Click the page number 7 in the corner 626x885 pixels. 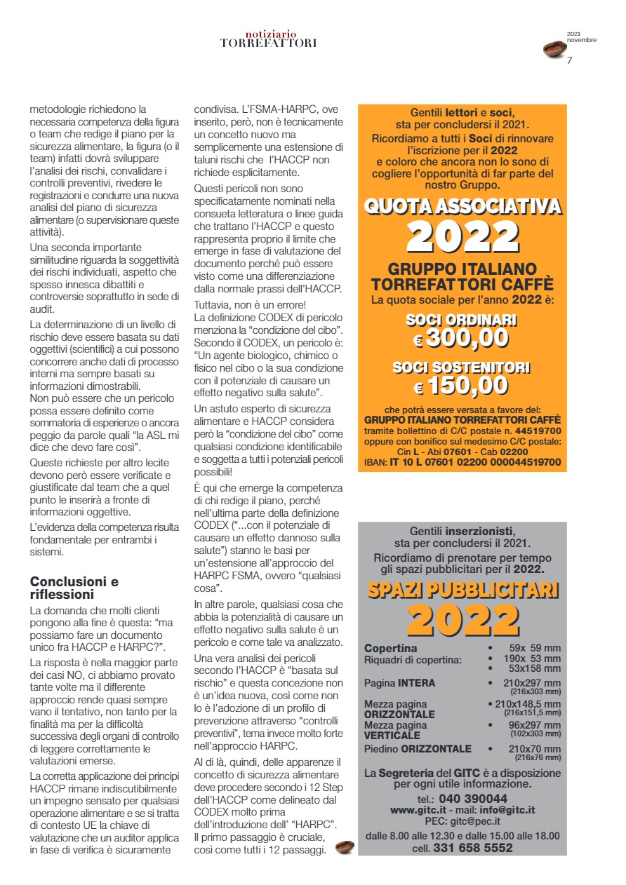coord(570,60)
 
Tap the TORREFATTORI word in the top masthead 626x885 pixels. coord(268,43)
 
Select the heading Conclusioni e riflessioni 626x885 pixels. coord(74,588)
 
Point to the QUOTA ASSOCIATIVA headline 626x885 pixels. coord(462,206)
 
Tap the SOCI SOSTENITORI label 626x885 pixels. coord(462,367)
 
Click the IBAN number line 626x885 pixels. coord(462,462)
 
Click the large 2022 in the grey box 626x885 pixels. coord(462,620)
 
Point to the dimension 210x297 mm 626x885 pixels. coord(532,683)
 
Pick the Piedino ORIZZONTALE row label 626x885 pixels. coord(418,749)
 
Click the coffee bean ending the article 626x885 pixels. coord(345,847)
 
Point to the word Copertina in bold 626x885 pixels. coord(390,648)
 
